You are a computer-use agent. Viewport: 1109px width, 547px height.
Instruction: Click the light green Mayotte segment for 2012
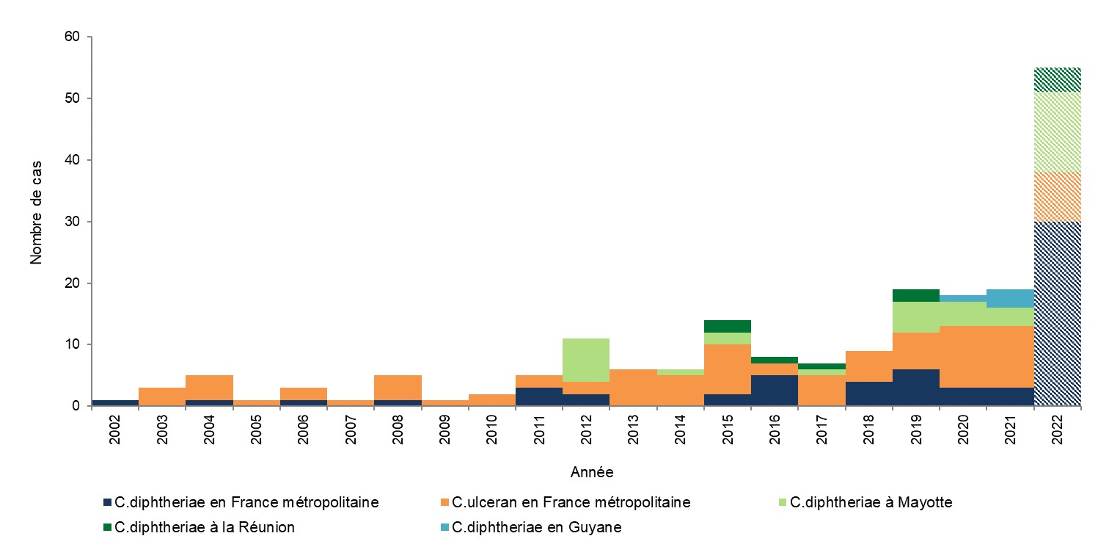[x=586, y=360]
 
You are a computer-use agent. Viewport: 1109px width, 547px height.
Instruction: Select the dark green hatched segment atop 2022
[x=1057, y=80]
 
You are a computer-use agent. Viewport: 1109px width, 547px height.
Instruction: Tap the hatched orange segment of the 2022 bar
[x=1057, y=197]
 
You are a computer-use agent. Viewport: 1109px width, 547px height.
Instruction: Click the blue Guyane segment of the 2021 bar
[x=1010, y=298]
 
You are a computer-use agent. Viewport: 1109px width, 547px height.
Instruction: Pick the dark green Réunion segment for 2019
[x=916, y=295]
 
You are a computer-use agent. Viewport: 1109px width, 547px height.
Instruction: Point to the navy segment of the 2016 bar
[x=775, y=390]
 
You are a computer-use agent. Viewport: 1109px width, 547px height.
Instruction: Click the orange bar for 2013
[x=633, y=387]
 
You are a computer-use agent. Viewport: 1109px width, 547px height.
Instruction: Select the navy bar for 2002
[x=115, y=402]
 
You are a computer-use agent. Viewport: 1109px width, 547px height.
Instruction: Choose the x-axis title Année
[x=591, y=471]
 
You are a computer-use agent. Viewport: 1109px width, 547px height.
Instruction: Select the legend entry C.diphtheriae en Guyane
[x=536, y=528]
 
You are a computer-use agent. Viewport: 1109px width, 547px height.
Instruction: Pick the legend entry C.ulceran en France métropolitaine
[x=571, y=503]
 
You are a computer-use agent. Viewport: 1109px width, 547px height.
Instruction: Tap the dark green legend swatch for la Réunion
[x=109, y=528]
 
